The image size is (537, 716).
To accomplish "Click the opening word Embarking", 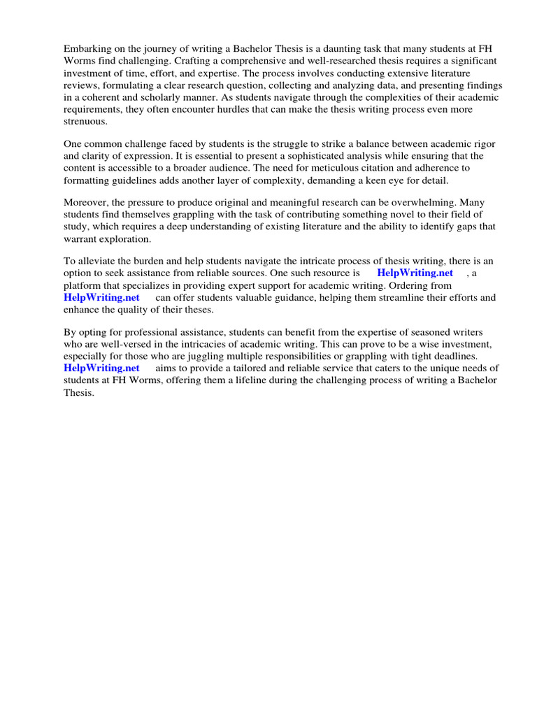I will coord(87,50).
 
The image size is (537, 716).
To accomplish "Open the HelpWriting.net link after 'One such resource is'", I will coord(415,273).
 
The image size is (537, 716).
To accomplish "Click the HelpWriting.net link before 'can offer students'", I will coord(101,297).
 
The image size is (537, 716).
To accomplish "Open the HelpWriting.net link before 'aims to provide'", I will coord(101,368).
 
